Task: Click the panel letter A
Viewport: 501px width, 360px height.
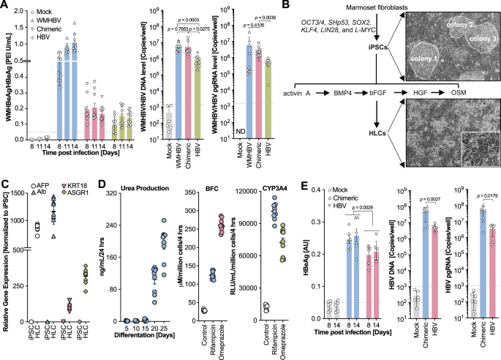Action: [x=5, y=6]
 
